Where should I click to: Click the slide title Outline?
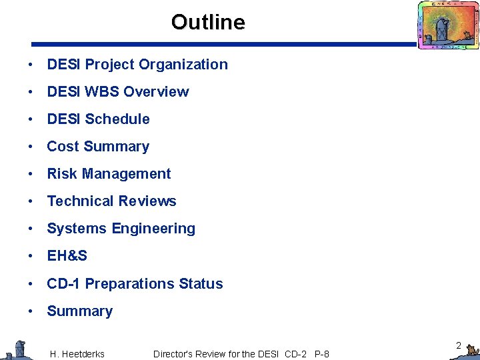[x=208, y=23]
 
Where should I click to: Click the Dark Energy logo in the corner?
[x=447, y=25]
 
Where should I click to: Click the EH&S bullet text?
[x=67, y=256]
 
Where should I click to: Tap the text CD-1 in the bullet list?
[x=63, y=284]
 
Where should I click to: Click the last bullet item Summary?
[x=79, y=311]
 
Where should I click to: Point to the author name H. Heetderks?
[x=77, y=354]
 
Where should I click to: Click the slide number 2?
[x=459, y=345]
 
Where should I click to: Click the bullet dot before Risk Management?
[x=31, y=175]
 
